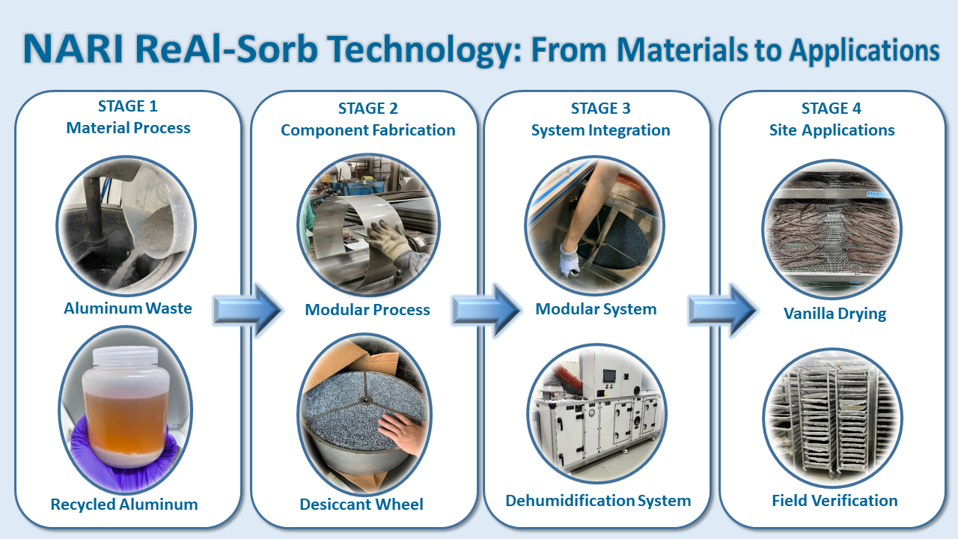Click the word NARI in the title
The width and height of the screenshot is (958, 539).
pyautogui.click(x=73, y=49)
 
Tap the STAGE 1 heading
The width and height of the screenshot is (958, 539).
pyautogui.click(x=128, y=106)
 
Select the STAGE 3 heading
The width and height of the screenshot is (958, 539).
pyautogui.click(x=601, y=109)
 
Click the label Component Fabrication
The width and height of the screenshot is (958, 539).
pyautogui.click(x=367, y=130)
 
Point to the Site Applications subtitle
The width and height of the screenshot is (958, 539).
pyautogui.click(x=832, y=130)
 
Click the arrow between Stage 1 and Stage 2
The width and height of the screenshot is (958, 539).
pyautogui.click(x=248, y=310)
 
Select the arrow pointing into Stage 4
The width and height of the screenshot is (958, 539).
pyautogui.click(x=723, y=310)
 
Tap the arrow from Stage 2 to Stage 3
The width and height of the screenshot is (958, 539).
pyautogui.click(x=486, y=310)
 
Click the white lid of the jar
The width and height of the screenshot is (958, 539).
pyautogui.click(x=125, y=356)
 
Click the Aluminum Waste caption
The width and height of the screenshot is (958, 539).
pyautogui.click(x=128, y=308)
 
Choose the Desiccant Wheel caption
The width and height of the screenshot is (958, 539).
pyautogui.click(x=361, y=504)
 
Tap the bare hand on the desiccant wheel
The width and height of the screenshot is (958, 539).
pyautogui.click(x=401, y=432)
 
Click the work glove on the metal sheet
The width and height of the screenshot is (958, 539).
pyautogui.click(x=389, y=242)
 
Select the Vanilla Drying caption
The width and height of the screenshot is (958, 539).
pyautogui.click(x=835, y=314)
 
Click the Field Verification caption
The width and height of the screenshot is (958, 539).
pyautogui.click(x=835, y=501)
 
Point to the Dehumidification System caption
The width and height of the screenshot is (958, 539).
pyautogui.click(x=598, y=501)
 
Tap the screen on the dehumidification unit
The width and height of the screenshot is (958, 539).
pyautogui.click(x=609, y=377)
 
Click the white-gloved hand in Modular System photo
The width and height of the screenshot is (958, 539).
pyautogui.click(x=570, y=260)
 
